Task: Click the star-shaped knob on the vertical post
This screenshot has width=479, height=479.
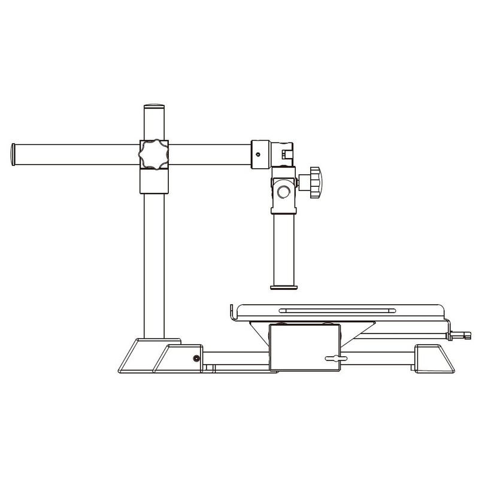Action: click(153, 154)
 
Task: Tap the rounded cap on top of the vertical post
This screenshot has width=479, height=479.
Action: click(153, 107)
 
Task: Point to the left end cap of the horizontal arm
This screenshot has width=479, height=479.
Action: click(14, 154)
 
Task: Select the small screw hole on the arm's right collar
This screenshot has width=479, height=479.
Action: click(258, 154)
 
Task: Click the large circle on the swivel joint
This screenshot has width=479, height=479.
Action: click(284, 192)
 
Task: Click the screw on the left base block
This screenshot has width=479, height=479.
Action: click(196, 358)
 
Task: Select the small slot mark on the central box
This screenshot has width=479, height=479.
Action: click(334, 358)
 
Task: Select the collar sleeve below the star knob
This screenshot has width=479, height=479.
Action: click(153, 181)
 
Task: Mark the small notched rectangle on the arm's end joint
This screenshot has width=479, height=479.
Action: click(285, 154)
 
